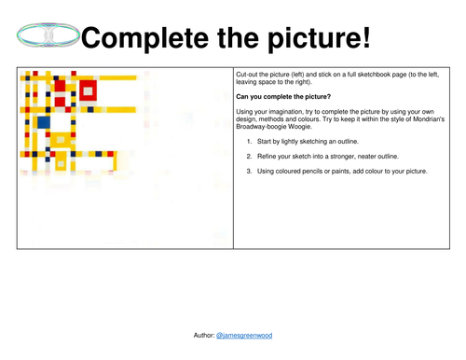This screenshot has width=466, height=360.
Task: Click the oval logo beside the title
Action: pyautogui.click(x=46, y=36)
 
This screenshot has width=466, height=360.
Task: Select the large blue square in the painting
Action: pyautogui.click(x=43, y=122)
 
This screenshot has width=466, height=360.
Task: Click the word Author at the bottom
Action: pyautogui.click(x=202, y=334)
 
